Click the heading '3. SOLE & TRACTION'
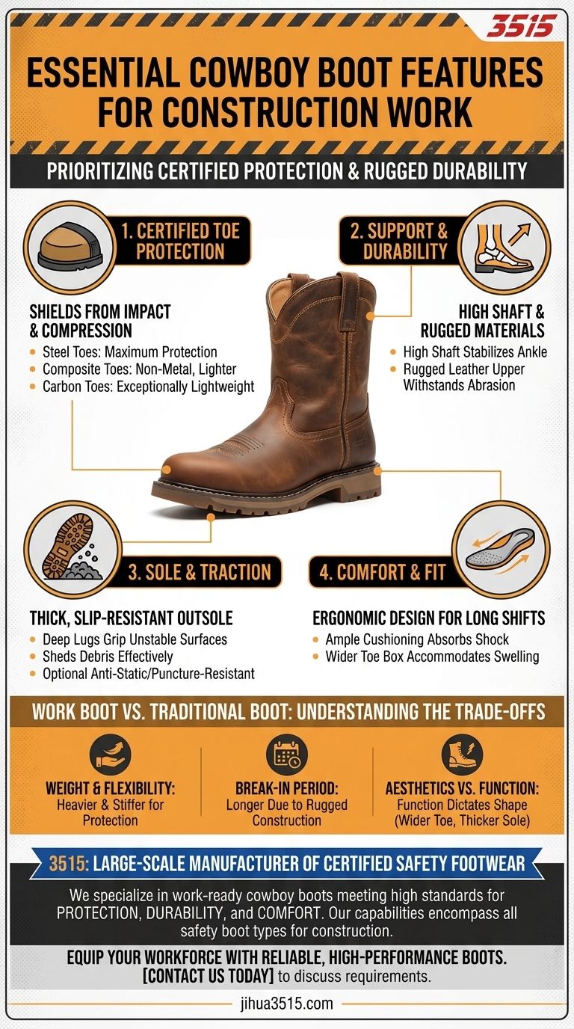coord(199,573)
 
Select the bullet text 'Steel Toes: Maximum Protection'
coord(129,351)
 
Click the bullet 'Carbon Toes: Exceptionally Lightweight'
coord(148,386)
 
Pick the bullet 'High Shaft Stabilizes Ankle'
coord(474,351)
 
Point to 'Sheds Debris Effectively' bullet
coord(108,657)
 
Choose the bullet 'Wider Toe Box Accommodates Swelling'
coord(432,657)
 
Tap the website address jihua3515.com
coord(287,1004)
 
